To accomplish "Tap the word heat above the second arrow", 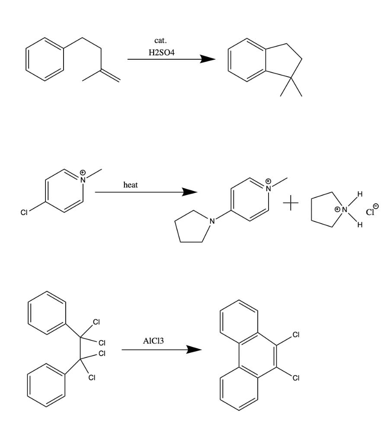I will point(131,185).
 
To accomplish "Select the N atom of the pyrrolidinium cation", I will point(345,210).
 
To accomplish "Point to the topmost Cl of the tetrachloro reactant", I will point(96,321).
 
